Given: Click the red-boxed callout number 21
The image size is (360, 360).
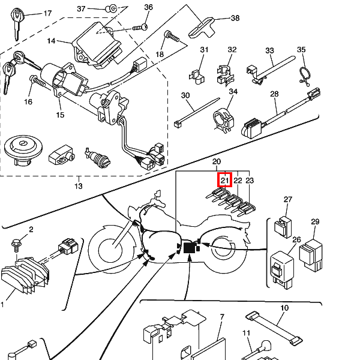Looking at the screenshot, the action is (x=225, y=180).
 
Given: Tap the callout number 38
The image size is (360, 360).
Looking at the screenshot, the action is (x=235, y=18).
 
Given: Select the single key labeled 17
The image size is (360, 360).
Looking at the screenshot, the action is (x=17, y=24).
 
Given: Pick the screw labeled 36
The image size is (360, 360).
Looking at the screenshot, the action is (x=140, y=28).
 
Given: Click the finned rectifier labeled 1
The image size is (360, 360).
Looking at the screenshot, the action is (x=25, y=275).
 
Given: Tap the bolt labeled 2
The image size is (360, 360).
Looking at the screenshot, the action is (x=17, y=245).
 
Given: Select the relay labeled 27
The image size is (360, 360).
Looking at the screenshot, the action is (x=283, y=227).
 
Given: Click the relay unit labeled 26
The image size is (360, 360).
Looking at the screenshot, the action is (x=282, y=270).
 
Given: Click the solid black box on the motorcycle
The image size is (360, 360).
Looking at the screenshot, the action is (x=190, y=248).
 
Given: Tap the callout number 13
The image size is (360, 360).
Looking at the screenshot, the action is (x=79, y=186).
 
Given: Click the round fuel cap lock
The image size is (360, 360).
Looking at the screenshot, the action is (x=23, y=149).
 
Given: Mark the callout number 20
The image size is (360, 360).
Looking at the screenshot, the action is (x=216, y=161).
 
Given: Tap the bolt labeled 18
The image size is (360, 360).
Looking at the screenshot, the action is (x=172, y=37).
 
